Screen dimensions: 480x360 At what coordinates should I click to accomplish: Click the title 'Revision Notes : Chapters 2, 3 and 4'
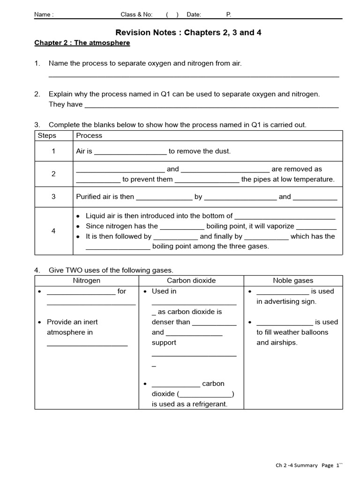[x=188, y=32]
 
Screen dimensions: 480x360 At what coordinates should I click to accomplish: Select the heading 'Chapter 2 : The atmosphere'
[x=82, y=43]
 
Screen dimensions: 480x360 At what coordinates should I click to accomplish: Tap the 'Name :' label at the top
[x=44, y=15]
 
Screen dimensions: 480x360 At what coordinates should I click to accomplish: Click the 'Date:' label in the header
[x=194, y=15]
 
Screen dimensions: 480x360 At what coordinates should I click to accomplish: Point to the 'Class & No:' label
[x=136, y=15]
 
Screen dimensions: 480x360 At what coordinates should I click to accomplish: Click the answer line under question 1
[x=194, y=75]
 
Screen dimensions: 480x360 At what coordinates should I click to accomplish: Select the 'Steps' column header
[x=46, y=135]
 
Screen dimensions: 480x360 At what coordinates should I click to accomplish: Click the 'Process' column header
[x=89, y=135]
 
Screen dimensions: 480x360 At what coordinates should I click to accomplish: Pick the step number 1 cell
[x=53, y=151]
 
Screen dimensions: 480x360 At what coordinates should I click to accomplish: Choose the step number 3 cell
[x=53, y=197]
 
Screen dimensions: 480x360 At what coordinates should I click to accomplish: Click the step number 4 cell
[x=53, y=231]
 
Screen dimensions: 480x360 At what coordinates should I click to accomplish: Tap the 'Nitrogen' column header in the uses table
[x=86, y=280]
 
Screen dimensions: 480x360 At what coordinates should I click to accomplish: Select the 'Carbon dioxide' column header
[x=191, y=280]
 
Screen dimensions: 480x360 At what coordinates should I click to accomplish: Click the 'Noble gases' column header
[x=293, y=280]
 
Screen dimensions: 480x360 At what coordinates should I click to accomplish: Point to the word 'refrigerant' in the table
[x=209, y=404]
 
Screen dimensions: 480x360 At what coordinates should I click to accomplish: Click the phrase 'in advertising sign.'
[x=286, y=301]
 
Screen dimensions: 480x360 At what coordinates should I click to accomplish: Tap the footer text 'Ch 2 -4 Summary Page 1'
[x=307, y=465]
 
